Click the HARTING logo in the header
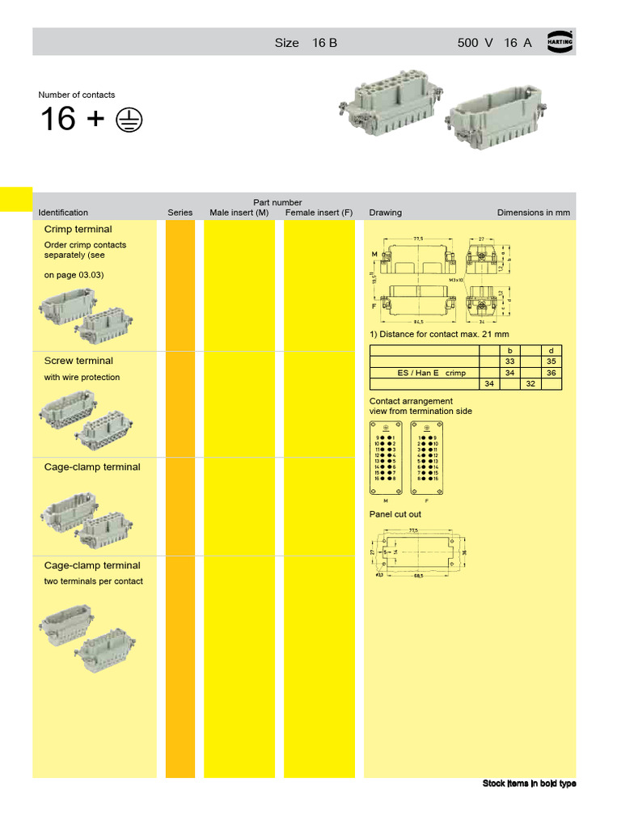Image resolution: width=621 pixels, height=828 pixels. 560,41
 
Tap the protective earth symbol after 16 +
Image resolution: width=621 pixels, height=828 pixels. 128,120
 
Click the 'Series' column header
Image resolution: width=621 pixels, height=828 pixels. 180,213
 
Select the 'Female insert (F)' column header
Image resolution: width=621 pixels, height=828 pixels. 319,213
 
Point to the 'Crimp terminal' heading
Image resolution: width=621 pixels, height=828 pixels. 78,230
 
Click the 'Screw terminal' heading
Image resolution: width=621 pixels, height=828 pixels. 78,361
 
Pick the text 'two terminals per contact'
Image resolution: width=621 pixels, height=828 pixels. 93,581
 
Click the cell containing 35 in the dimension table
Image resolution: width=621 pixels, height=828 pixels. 551,361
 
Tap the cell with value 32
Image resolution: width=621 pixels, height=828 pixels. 530,384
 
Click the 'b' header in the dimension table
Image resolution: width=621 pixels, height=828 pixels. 509,350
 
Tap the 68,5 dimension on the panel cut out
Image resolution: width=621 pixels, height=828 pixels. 419,576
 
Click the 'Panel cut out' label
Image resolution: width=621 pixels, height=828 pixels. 395,514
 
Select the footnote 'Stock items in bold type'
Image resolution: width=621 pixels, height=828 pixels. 529,784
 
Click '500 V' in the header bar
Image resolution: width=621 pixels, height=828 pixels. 475,43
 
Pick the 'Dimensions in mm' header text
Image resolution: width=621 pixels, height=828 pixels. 533,213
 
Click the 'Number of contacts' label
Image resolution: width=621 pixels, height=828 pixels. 77,95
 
